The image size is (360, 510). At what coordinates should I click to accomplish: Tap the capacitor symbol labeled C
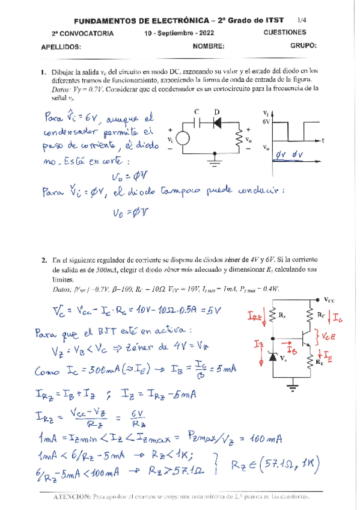coord(197,121)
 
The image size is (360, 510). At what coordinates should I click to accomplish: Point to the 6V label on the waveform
coord(267,121)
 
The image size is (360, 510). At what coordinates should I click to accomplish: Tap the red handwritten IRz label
coord(254,315)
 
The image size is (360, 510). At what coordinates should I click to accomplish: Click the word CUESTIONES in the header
coord(284,32)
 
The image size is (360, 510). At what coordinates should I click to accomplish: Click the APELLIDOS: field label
coord(60,46)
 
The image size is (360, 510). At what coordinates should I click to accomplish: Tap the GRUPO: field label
coord(302,46)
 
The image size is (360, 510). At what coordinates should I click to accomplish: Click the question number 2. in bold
coord(44,260)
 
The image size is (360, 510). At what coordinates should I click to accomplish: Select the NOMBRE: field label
coord(209,46)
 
